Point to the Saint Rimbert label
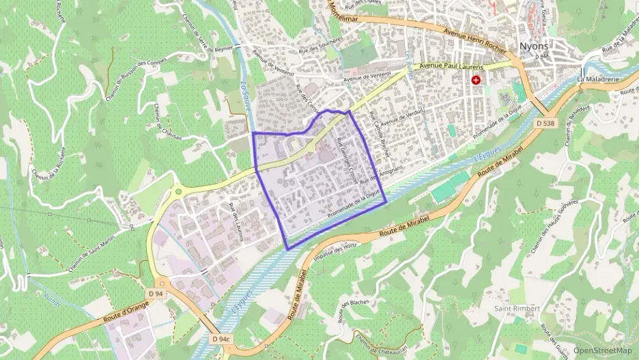click(x=517, y=309)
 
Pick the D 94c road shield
click(x=221, y=338)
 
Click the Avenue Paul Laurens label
click(x=451, y=67)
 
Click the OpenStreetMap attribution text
click(x=603, y=350)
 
